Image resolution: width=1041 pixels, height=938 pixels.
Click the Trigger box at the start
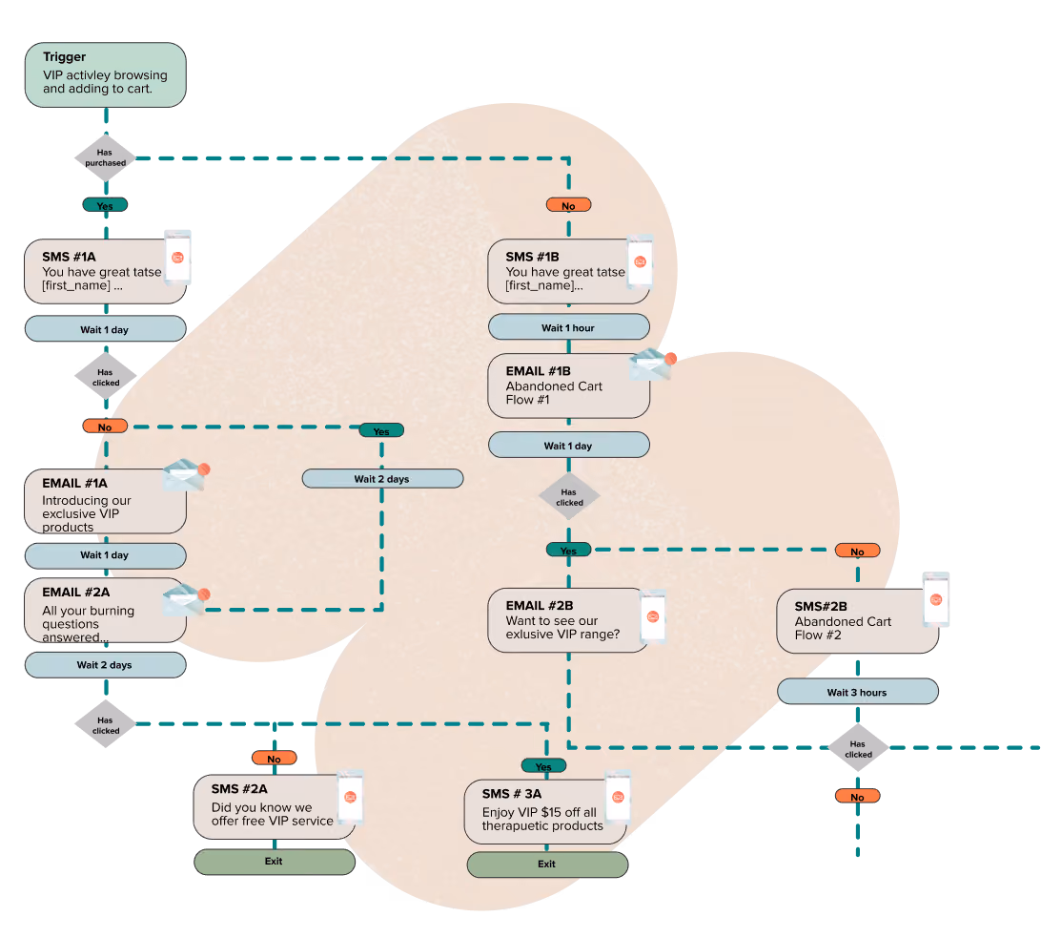tap(106, 75)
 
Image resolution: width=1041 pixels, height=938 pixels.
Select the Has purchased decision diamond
tap(105, 158)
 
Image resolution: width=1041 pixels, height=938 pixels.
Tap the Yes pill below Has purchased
tap(105, 205)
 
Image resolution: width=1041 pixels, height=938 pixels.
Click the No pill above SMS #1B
tap(568, 205)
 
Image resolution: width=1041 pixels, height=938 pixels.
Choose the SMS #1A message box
tap(106, 271)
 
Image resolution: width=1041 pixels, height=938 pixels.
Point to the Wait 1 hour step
tap(569, 327)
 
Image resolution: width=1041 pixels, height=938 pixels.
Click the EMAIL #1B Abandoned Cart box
tap(569, 386)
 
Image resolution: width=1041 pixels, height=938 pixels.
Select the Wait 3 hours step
tap(858, 692)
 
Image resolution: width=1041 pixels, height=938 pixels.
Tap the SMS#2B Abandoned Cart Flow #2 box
tap(858, 621)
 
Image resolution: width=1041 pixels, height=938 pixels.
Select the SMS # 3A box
tap(545, 812)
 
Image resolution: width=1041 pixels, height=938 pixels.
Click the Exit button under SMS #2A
tap(275, 862)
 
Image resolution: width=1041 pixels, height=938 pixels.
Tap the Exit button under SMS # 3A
tap(548, 865)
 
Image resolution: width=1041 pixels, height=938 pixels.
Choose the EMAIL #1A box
tap(106, 501)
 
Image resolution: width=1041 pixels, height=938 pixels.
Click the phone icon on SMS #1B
tap(640, 261)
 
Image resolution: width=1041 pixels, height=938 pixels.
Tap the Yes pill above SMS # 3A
tap(543, 766)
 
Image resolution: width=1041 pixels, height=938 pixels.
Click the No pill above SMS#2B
tap(857, 552)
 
